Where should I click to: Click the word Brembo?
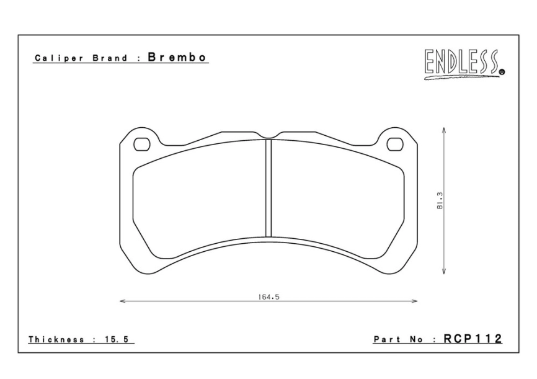click(x=177, y=58)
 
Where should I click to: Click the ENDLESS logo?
click(x=462, y=63)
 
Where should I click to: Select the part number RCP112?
click(x=473, y=339)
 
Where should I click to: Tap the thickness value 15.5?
click(x=121, y=339)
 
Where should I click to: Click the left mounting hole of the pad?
click(x=143, y=145)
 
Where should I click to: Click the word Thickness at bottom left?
click(x=56, y=339)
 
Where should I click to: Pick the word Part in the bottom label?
click(x=385, y=339)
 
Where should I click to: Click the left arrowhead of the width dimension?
click(x=122, y=302)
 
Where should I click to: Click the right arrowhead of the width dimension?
click(x=415, y=302)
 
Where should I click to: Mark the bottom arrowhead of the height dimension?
click(x=445, y=271)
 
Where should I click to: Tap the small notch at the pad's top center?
click(x=268, y=135)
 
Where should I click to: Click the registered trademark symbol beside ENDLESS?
click(x=502, y=72)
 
